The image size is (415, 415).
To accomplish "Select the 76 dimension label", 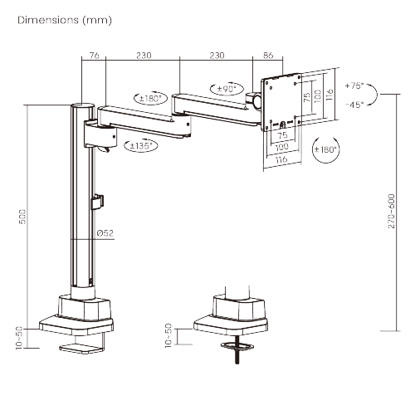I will click(x=94, y=55).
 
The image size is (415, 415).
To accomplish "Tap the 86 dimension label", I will click(x=267, y=55).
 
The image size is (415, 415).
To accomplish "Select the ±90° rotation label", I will click(x=225, y=89).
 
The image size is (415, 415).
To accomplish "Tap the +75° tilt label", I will click(x=354, y=85).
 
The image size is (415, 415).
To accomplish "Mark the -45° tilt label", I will click(x=354, y=105).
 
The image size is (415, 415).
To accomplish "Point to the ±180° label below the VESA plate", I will click(x=325, y=149).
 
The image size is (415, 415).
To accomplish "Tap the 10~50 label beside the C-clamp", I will click(x=17, y=337).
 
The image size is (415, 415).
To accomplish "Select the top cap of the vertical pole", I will click(x=81, y=106).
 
